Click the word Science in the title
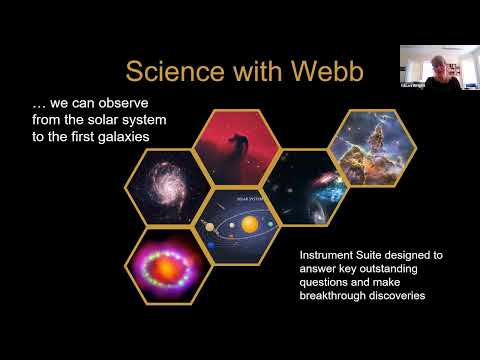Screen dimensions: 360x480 176,71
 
